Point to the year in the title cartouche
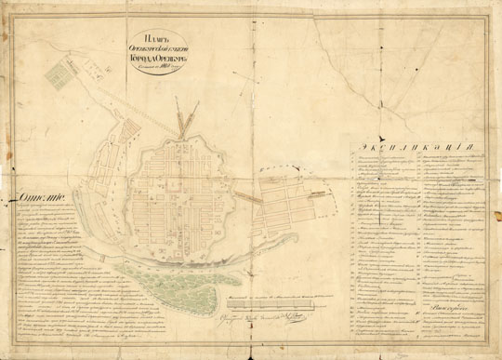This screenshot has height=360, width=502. (170, 87)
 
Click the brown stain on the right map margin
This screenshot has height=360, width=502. (490, 140)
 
